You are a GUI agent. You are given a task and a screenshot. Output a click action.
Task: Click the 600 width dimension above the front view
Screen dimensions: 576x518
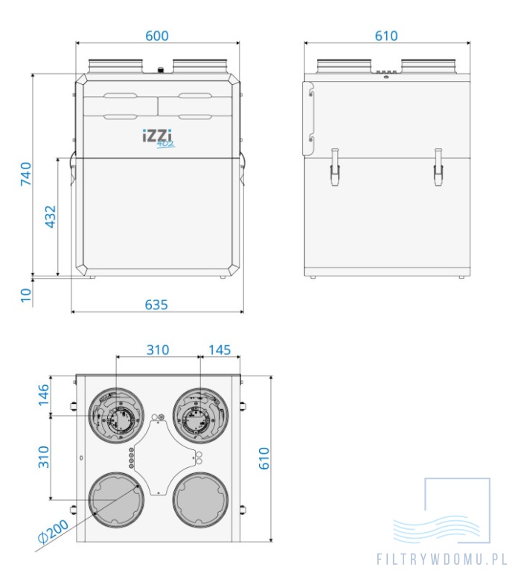point(157,36)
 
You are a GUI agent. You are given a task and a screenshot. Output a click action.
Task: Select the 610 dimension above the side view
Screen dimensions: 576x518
point(386,36)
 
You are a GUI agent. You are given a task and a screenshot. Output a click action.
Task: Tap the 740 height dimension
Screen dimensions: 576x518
point(26,174)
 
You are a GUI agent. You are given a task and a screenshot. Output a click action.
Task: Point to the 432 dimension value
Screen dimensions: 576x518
point(51,216)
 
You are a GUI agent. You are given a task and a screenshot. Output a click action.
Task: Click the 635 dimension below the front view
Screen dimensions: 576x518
point(156,305)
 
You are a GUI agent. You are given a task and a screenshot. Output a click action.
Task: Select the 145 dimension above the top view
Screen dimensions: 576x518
point(220,349)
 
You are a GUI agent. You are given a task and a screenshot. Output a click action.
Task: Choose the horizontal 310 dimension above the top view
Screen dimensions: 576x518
point(158,349)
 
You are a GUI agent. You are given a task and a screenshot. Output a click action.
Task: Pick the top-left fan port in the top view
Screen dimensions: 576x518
point(115,417)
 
